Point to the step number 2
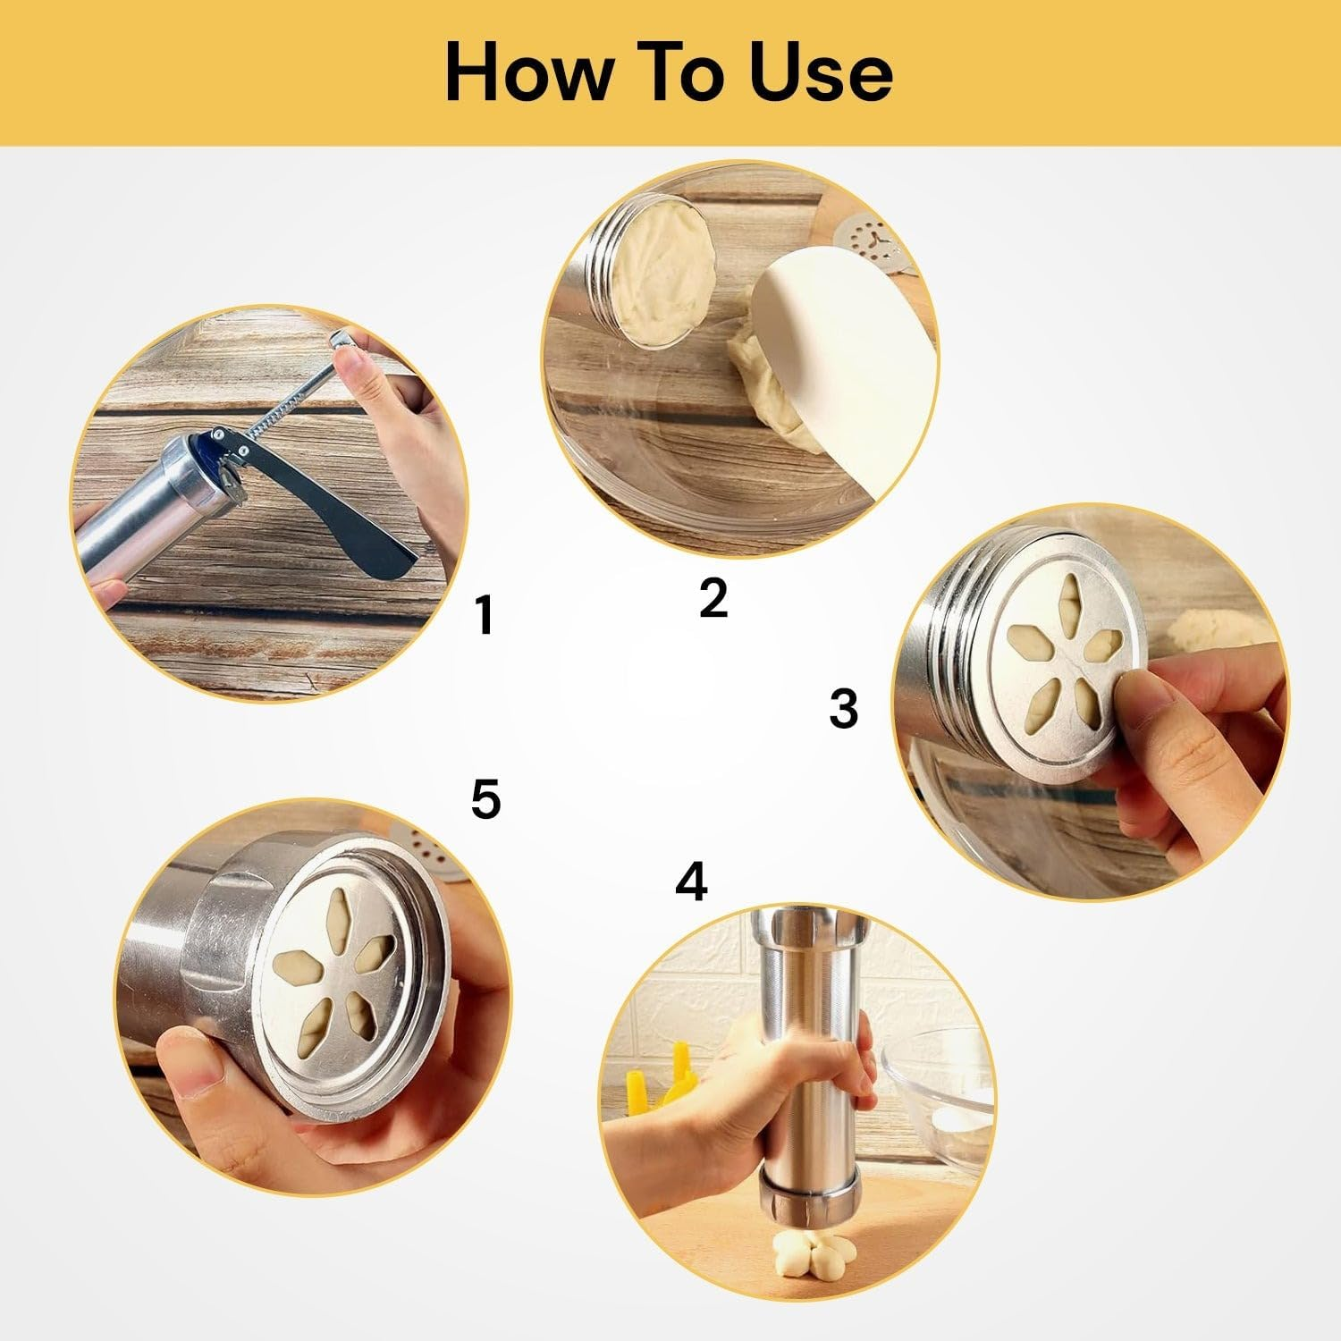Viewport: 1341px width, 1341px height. point(713,596)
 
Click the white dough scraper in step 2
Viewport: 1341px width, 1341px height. point(840,358)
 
